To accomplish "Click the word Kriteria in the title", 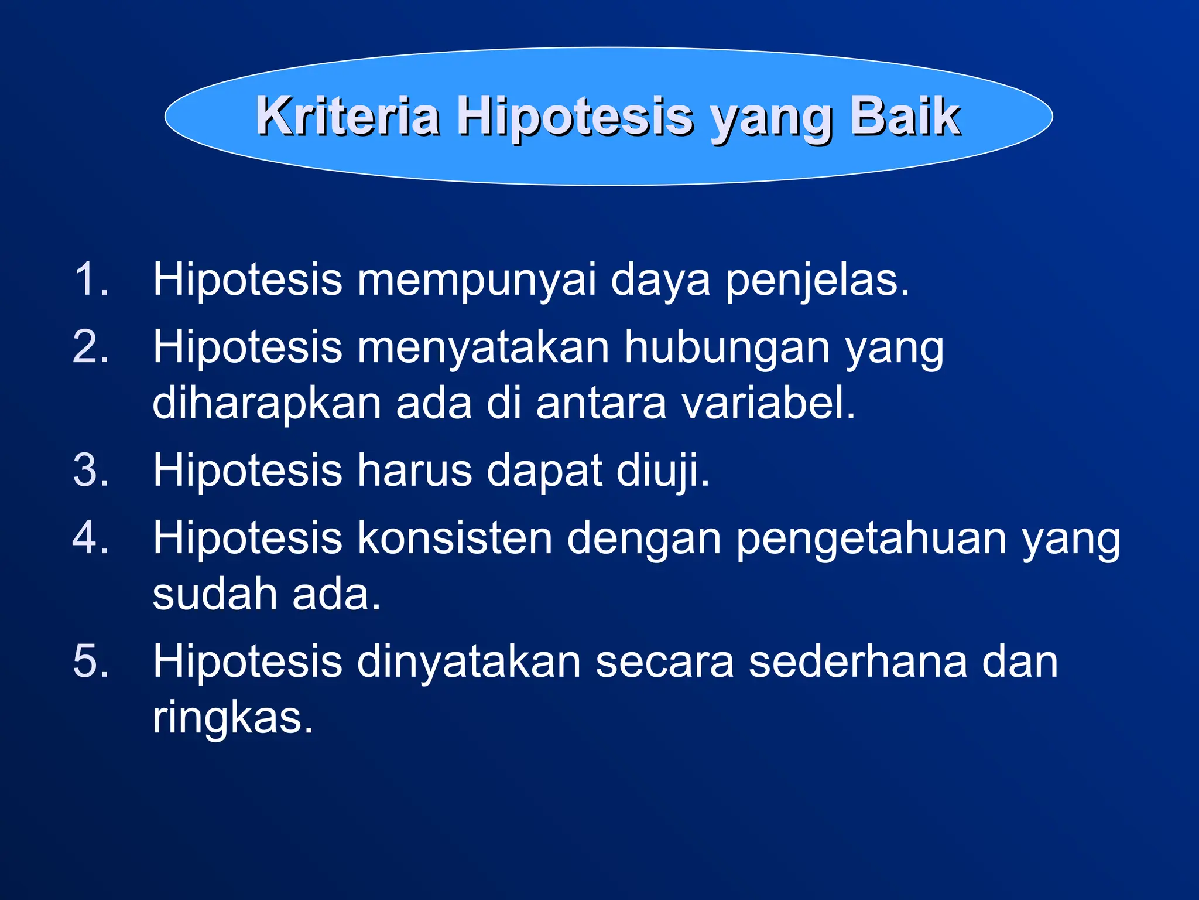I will point(348,116).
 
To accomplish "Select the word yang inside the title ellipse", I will point(770,120).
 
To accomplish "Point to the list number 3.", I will point(91,470).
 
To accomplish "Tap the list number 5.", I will point(91,661).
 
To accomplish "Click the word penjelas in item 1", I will point(817,281).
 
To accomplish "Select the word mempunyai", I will point(477,281).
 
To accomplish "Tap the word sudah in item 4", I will point(215,594).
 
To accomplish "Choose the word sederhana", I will point(858,662).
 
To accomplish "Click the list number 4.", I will point(91,538).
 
